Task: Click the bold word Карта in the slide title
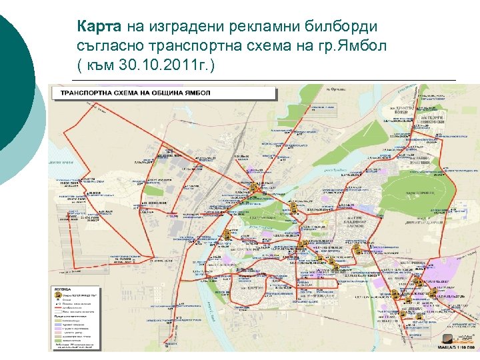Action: pyautogui.click(x=99, y=27)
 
